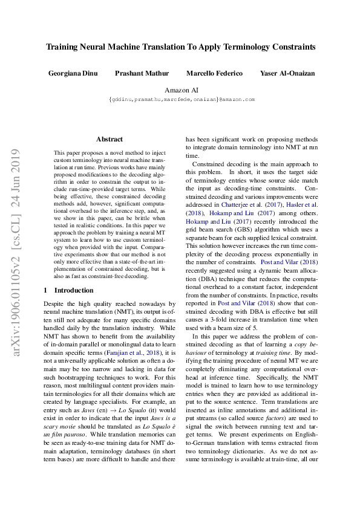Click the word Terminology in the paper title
coord(234,46)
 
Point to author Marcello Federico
coord(214,73)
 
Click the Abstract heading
coord(109,139)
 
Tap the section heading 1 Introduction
coord(69,290)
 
